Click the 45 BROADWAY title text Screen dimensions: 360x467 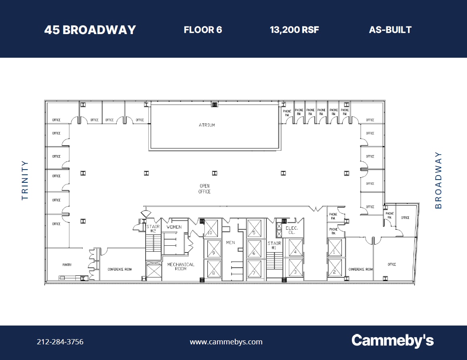coord(90,30)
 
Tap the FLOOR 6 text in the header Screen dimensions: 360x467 coord(203,30)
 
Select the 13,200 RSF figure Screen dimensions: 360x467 coord(294,30)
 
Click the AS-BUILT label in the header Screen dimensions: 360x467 coord(390,30)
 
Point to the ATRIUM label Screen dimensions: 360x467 coord(207,125)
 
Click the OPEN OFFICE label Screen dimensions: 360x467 coord(204,189)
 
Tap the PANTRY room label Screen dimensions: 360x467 coord(67,265)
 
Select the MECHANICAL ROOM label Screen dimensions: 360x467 coord(181,267)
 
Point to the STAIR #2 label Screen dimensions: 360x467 coord(153,229)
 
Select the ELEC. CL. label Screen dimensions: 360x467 coord(292,230)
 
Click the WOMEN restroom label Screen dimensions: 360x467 coord(174,227)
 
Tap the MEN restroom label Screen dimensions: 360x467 coord(230,243)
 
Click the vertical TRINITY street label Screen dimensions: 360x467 coord(25,180)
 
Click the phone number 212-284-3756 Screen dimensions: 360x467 coord(60,342)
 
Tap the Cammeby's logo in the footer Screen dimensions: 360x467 coord(392,341)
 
